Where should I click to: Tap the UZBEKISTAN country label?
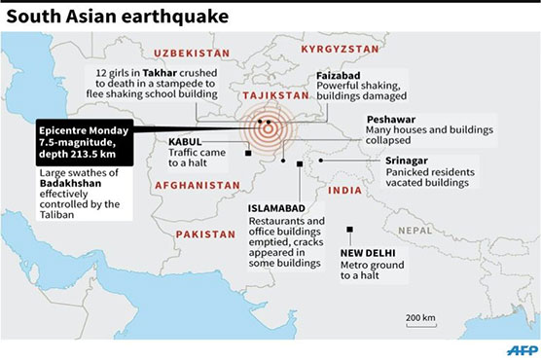[193, 53]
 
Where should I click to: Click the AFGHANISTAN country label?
[197, 184]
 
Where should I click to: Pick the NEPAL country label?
[418, 230]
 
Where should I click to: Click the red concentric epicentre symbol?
[267, 127]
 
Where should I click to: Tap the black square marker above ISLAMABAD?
[298, 164]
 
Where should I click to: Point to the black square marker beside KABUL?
[249, 152]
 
